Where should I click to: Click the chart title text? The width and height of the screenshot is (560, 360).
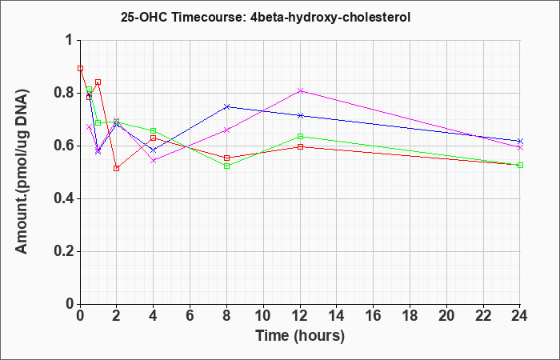pos(266,17)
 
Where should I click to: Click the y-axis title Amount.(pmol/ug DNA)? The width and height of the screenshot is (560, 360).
pos(22,172)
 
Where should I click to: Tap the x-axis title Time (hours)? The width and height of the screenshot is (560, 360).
pos(300,336)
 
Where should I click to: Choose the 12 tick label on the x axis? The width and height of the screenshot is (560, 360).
pos(300,316)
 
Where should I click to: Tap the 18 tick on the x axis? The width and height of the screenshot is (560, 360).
pos(410,316)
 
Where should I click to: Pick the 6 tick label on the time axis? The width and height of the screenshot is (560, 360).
pos(190,316)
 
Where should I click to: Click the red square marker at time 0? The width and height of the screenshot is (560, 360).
pos(80,68)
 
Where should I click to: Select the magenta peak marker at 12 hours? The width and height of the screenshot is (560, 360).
pos(300,90)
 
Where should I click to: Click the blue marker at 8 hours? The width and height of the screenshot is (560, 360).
pos(226,106)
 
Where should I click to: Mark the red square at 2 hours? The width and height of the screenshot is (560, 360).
pos(117,168)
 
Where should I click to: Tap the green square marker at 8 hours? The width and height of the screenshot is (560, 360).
pos(226,166)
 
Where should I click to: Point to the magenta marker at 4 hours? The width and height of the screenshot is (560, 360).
pos(154,160)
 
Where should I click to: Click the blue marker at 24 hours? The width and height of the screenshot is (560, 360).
pos(520,141)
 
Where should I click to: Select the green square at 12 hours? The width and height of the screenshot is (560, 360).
pos(300,136)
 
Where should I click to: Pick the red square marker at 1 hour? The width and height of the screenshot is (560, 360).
pos(98,82)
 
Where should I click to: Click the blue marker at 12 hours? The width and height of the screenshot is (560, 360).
pos(300,115)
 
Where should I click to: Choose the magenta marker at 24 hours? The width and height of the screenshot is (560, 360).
pos(520,147)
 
